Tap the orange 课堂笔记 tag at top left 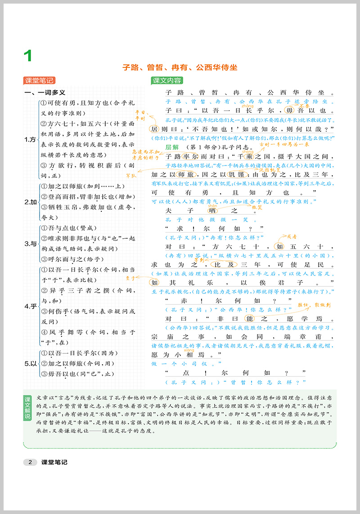(39, 80)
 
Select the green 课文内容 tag (167, 80)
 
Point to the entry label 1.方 (30, 140)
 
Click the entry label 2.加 (30, 202)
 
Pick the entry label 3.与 (30, 244)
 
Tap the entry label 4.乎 (30, 307)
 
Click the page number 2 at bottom (30, 462)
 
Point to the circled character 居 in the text (153, 128)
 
